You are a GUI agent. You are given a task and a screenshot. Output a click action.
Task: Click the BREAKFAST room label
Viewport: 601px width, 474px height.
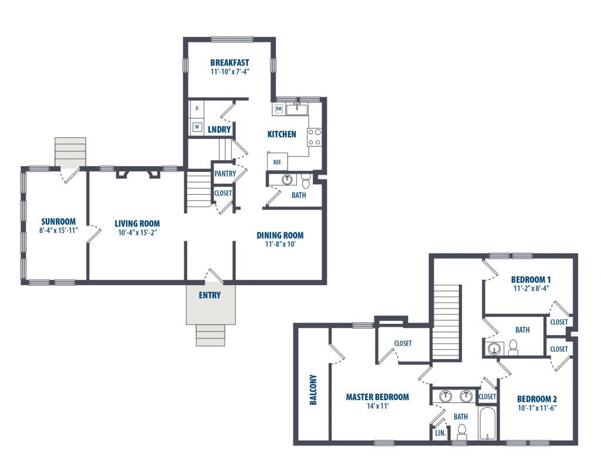pos(229,62)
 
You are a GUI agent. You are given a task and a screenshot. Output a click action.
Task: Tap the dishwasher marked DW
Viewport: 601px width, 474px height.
pos(279,109)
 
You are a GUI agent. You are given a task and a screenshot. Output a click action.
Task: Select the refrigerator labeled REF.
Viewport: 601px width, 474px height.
pos(277,162)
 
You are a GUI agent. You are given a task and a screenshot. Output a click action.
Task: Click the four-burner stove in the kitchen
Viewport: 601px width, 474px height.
pos(315,137)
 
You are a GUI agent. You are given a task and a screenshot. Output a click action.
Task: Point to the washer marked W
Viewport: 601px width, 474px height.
pos(197,127)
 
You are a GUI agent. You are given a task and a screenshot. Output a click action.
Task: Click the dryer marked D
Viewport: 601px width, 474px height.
pos(197,109)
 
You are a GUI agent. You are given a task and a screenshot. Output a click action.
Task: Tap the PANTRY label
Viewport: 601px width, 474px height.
pos(225,174)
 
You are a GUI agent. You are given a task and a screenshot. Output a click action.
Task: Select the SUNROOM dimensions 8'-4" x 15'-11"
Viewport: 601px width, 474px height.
pos(59,231)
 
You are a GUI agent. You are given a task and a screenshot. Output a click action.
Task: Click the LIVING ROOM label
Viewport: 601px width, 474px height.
pos(137,224)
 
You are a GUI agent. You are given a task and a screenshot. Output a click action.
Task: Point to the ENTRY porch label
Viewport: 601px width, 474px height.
pos(210,295)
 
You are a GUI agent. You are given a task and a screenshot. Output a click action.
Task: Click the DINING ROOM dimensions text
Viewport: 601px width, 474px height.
pos(281,244)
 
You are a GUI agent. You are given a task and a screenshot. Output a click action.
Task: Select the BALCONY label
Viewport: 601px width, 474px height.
pos(313,390)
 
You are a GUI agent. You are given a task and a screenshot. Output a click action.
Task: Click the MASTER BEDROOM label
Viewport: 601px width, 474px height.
pos(377,397)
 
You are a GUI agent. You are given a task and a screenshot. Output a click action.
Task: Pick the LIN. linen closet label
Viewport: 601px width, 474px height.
pos(440,433)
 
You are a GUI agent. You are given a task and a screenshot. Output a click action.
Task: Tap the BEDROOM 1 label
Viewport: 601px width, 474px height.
pos(531,279)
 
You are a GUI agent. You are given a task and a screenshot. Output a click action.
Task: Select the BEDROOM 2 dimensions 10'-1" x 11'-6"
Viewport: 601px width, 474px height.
pos(537,408)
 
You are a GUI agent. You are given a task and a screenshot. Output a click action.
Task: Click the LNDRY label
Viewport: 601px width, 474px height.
pos(220,130)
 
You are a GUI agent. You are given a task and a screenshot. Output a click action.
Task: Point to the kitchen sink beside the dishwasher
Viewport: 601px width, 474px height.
pos(296,109)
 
